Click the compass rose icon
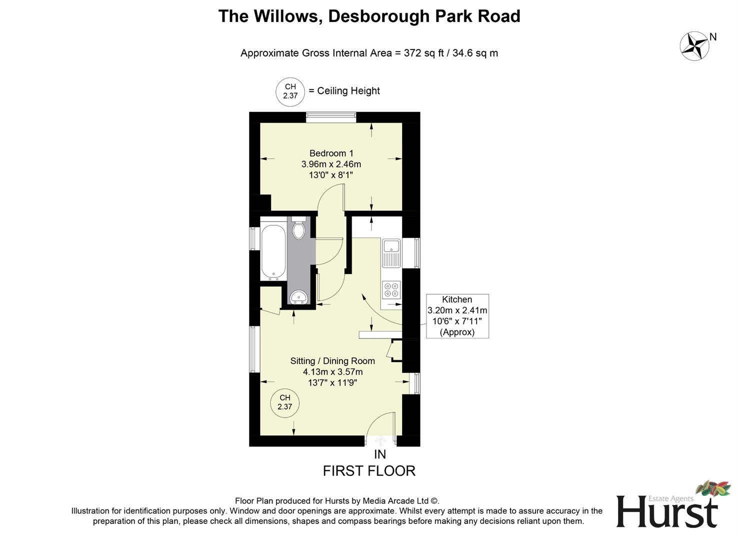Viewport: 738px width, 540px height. point(694,46)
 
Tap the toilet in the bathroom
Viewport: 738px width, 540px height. point(299,229)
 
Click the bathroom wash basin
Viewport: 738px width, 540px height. point(299,297)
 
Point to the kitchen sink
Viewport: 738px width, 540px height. point(391,252)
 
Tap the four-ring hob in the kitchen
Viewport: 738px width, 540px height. point(391,289)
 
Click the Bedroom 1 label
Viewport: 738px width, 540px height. point(331,153)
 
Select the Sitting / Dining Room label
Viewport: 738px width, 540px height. point(332,361)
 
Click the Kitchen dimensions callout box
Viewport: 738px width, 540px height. point(457,316)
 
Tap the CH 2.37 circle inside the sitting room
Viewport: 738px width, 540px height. point(284,402)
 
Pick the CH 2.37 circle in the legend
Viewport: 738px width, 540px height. point(290,91)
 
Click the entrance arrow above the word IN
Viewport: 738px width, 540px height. point(380,440)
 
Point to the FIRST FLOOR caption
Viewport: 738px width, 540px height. point(369,471)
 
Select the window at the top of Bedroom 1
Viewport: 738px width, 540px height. point(331,117)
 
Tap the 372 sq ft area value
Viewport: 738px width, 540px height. point(423,53)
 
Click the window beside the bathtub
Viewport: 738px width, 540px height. point(254,238)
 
